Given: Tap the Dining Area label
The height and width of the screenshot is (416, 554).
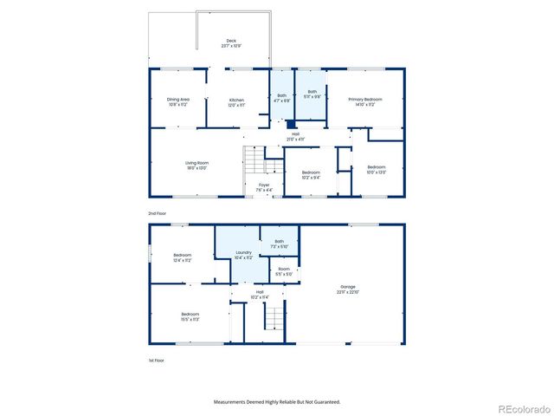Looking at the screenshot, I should click(178, 101).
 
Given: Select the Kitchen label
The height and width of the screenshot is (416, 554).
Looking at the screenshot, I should click(236, 101).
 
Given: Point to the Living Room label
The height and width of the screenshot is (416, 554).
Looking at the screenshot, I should click(196, 165).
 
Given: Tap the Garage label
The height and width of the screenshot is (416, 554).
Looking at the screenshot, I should click(347, 289).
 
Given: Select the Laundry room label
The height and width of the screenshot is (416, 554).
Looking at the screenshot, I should click(243, 255).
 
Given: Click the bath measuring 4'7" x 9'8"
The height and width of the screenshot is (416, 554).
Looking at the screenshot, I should click(281, 99).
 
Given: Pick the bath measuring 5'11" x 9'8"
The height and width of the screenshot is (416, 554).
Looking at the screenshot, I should click(312, 94).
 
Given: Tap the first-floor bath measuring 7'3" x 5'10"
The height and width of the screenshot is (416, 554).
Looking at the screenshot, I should click(279, 244).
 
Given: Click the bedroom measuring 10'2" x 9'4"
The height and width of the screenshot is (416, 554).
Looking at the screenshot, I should click(311, 174).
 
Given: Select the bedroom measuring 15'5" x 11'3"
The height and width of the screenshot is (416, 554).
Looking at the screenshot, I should click(190, 315).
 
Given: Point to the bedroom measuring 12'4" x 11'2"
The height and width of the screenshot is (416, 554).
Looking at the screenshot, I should click(182, 257).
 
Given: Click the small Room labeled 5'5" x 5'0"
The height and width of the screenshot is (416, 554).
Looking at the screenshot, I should click(282, 270).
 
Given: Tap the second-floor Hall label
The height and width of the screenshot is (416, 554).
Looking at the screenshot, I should click(294, 136).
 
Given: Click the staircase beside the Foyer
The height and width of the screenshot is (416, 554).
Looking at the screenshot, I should click(253, 159).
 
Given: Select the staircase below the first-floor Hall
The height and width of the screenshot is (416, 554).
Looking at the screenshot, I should click(274, 322).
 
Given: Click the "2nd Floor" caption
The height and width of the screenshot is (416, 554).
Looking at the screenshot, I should click(157, 212).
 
